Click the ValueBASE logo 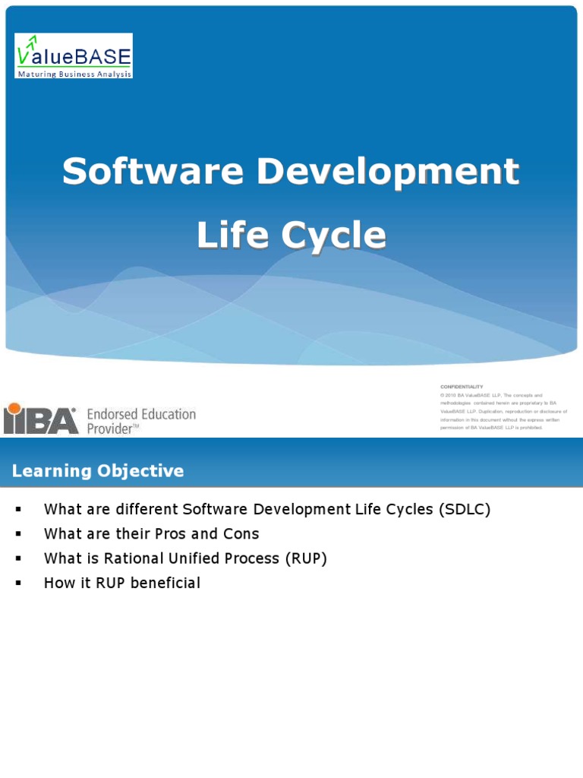(74, 55)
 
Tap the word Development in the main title (388, 172)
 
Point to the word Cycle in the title (335, 236)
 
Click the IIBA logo (41, 419)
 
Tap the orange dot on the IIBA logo (14, 408)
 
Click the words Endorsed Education (141, 414)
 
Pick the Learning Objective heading (98, 471)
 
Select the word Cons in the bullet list (241, 534)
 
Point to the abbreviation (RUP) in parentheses (306, 558)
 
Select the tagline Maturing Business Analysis (74, 74)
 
